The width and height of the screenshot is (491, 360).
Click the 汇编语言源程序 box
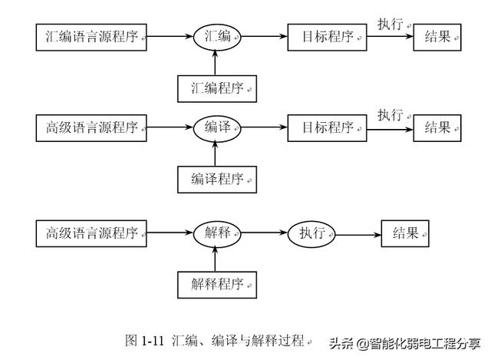point(91,36)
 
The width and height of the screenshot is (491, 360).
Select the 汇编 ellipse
point(217,36)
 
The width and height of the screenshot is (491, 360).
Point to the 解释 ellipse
point(217,234)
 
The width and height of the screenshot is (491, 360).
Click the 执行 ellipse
point(312,234)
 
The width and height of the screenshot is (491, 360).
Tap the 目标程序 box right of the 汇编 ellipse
point(327,36)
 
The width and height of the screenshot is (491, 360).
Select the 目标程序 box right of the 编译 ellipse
point(327,127)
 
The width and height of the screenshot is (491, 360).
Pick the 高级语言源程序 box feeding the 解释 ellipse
point(91,234)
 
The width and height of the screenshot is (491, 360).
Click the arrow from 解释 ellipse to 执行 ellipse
point(265,234)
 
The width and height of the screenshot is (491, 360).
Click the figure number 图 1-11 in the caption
point(145,340)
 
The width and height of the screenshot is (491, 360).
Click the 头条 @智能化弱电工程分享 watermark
point(404,342)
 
